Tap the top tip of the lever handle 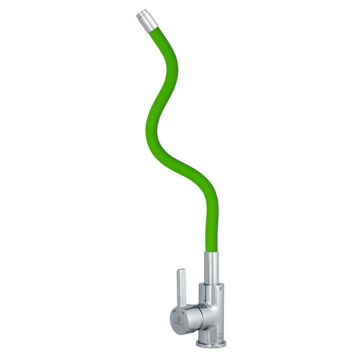(180, 271)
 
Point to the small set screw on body (220, 288)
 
